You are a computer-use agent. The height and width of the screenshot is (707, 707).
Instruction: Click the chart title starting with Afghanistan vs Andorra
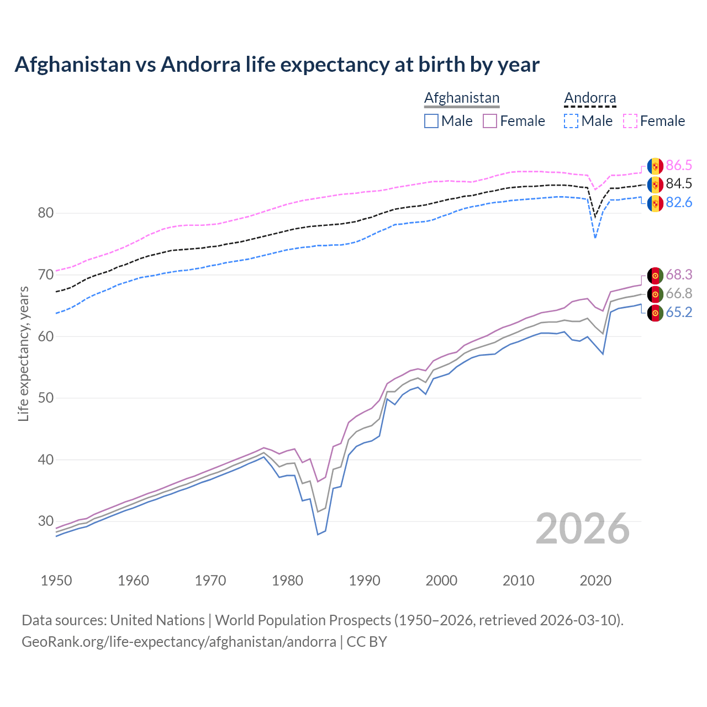pos(277,65)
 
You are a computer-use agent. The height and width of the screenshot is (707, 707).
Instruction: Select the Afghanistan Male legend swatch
pos(431,121)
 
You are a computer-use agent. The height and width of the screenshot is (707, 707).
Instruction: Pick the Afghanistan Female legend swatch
pos(490,121)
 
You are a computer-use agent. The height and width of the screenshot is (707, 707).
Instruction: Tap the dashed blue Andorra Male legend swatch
pos(571,121)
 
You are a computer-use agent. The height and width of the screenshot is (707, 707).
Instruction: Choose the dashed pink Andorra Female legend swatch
pos(630,121)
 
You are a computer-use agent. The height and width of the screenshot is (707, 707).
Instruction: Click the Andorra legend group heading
pos(590,98)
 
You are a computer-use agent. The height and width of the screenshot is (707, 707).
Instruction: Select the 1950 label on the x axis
pos(56,581)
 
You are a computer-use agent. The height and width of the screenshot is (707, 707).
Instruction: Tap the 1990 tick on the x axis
pos(365,581)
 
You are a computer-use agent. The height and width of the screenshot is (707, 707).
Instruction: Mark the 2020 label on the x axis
pos(595,581)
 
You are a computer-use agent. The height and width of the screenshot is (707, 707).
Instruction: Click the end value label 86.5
pos(679,165)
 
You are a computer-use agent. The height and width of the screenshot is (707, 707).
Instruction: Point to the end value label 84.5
pos(679,183)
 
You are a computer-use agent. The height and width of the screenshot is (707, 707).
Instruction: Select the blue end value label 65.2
pos(679,312)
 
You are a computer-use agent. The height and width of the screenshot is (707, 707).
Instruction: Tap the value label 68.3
pos(679,275)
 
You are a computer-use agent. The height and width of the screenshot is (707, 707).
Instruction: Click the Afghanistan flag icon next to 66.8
pos(655,294)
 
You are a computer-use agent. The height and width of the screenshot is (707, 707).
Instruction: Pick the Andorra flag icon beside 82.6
pos(655,203)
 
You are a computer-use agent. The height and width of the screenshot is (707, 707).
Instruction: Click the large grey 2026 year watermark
pos(583,529)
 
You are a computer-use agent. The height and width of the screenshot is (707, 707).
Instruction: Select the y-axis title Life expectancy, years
pos(23,353)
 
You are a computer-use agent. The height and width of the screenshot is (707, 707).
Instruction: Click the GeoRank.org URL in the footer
pos(179,642)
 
